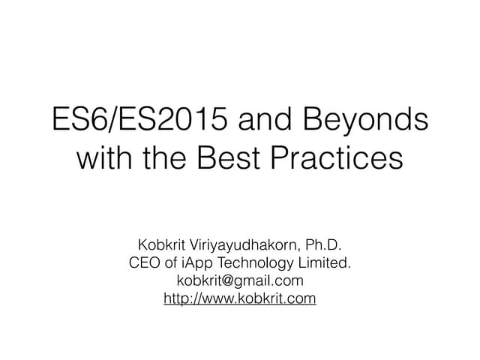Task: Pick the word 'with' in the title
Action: point(105,159)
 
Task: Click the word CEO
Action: point(146,263)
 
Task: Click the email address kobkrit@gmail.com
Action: point(240,281)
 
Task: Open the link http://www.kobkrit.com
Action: point(240,299)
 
